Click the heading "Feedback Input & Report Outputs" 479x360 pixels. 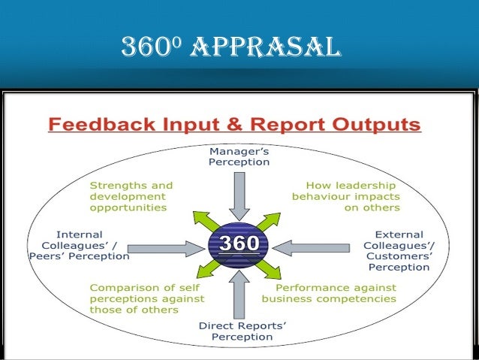tap(234, 124)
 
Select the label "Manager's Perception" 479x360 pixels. tap(239, 156)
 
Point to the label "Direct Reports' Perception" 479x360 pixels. tap(239, 331)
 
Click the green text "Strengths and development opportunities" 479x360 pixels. tap(131, 196)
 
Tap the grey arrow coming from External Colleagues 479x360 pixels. tap(316, 244)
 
